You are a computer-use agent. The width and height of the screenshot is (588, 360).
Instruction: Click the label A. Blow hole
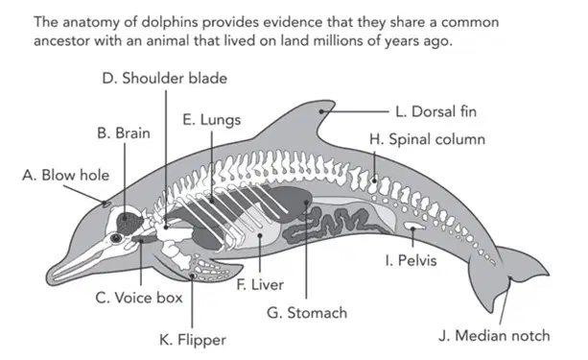(65, 176)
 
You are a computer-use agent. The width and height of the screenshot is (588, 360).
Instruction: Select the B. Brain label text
(124, 133)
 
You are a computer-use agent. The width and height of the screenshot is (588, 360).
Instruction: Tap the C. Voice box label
(139, 298)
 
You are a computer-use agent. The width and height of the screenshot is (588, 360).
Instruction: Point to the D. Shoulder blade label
(165, 78)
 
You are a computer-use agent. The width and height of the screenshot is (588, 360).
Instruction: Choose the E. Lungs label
(211, 120)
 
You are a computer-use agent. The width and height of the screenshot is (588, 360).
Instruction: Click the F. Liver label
(260, 284)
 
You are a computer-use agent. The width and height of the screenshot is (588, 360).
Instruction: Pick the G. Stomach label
(307, 313)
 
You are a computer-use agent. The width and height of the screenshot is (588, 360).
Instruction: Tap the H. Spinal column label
(427, 139)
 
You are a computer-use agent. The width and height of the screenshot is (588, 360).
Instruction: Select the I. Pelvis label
(411, 260)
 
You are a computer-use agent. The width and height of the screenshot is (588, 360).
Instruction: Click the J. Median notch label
(494, 336)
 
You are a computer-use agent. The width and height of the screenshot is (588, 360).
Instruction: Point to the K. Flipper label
(193, 340)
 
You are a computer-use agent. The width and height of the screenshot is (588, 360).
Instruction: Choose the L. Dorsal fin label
(435, 111)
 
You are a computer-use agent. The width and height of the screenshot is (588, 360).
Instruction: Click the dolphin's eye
(116, 238)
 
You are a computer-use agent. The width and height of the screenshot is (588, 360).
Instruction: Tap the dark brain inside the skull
(129, 222)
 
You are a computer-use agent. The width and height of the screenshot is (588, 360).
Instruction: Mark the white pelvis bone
(414, 227)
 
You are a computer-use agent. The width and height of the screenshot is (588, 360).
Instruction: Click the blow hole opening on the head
(106, 204)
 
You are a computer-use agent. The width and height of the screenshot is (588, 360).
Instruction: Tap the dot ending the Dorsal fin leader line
(321, 111)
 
